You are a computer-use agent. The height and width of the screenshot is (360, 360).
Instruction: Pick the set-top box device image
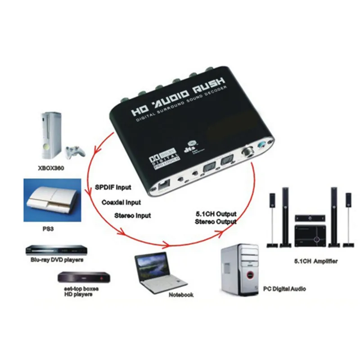83,277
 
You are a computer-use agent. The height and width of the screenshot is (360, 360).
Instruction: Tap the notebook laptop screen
149,267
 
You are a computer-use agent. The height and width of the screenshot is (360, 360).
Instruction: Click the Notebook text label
181,295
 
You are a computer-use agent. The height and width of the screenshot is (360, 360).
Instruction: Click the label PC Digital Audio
284,288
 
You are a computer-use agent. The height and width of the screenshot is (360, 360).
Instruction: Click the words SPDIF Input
114,187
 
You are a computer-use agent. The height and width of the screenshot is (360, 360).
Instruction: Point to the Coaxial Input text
121,202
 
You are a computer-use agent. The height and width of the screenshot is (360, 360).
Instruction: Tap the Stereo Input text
133,216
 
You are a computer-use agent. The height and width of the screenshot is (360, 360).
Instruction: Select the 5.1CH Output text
216,214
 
